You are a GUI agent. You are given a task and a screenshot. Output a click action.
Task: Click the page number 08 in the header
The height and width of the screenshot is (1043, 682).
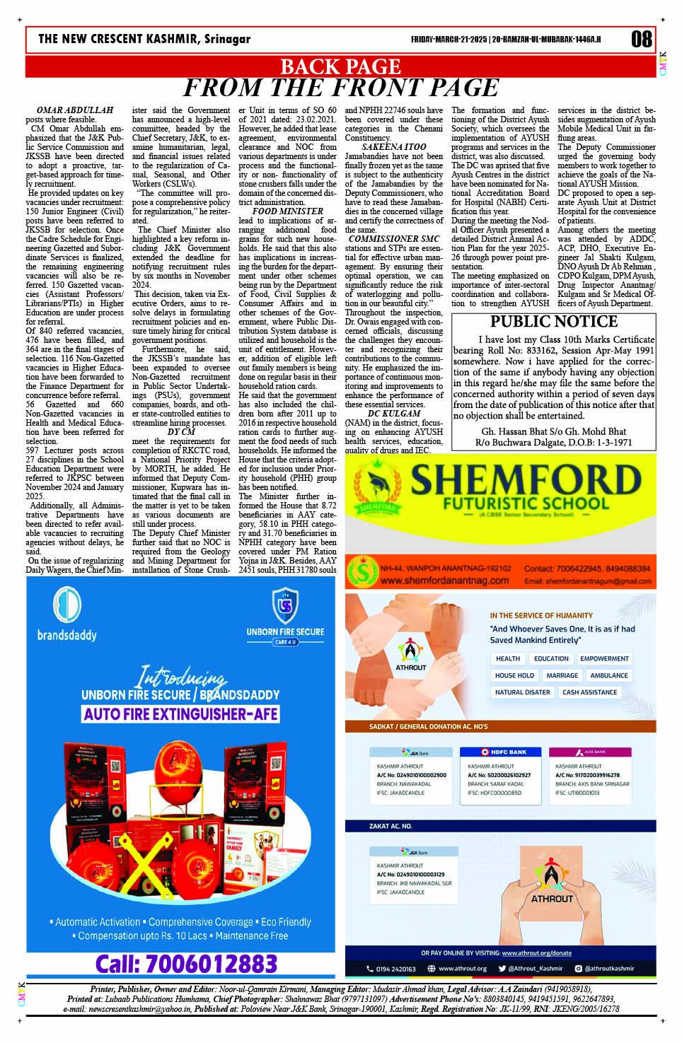coord(641,39)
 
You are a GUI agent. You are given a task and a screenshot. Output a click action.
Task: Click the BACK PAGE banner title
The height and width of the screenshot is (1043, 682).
coord(340,66)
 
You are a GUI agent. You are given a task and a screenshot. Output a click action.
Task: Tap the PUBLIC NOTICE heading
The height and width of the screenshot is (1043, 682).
coord(554,321)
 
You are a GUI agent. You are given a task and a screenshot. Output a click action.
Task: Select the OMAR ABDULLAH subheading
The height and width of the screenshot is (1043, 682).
coord(74,110)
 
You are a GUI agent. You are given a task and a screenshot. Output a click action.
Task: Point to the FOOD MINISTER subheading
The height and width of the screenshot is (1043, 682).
coord(287,211)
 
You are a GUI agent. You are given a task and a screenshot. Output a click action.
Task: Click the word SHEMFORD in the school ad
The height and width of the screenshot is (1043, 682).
coord(526,481)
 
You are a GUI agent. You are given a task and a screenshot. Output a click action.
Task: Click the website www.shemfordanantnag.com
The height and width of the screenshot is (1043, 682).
coord(444,581)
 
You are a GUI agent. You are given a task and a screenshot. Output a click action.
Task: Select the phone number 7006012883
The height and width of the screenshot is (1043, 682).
coord(186,963)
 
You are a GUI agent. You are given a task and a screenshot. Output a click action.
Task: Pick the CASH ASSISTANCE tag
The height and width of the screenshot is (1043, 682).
coord(589,692)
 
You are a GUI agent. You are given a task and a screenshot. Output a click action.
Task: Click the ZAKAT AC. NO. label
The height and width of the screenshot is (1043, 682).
coord(391,826)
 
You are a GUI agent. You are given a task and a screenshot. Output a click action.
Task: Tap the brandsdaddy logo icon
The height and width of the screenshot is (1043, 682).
coord(67,607)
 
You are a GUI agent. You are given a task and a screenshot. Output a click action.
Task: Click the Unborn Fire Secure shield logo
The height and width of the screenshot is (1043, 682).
coord(285,606)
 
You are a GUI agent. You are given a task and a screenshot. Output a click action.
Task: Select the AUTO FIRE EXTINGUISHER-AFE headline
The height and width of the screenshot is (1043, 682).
coord(181,714)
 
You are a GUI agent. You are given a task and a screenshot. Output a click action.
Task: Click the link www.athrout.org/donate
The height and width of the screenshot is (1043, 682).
coord(536,952)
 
